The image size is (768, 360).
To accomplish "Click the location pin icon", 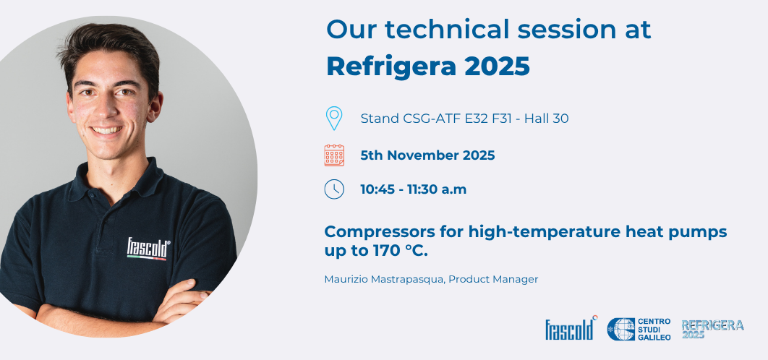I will (x=333, y=117).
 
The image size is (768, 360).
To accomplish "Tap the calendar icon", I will (x=334, y=155).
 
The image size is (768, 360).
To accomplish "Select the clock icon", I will (x=334, y=189).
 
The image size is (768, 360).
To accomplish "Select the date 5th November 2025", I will (x=427, y=155).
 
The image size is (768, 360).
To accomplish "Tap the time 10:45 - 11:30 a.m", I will (x=414, y=189).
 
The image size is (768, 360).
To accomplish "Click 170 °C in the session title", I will (x=408, y=250).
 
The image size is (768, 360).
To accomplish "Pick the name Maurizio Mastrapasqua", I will (x=383, y=279).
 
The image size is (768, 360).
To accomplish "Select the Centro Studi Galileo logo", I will (x=639, y=329).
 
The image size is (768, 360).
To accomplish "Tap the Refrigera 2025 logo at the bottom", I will (x=712, y=328).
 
